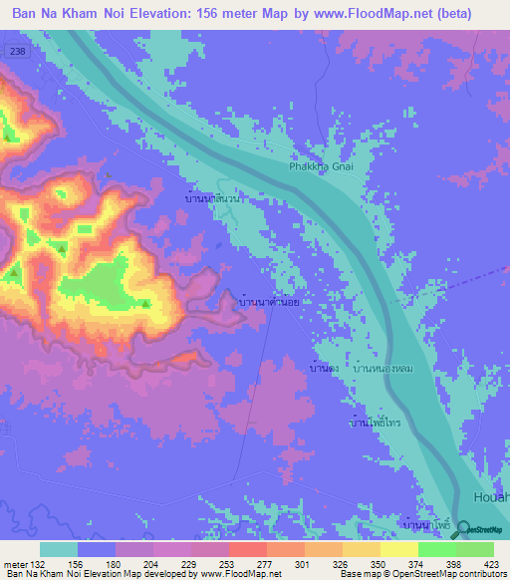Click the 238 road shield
pos(16,50)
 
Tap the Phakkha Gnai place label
pos(321,167)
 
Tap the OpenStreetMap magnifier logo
pos(461,531)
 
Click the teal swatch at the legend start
pos(59,549)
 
